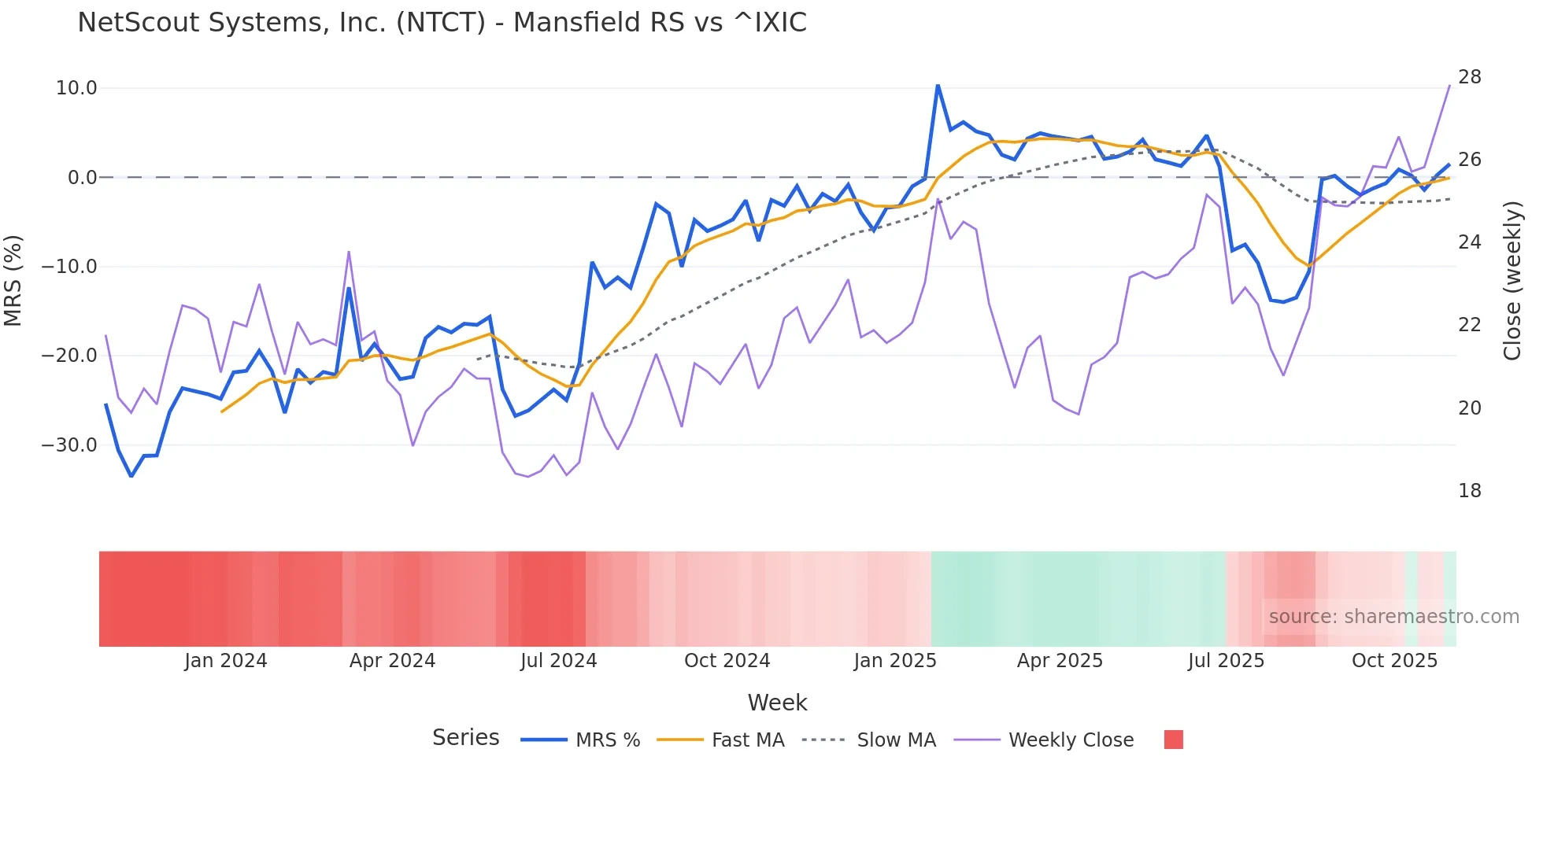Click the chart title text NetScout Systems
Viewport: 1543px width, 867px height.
(441, 22)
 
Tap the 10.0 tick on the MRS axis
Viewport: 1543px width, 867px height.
(76, 88)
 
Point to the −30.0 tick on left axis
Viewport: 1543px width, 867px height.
(69, 445)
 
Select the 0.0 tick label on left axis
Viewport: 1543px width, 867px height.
(82, 178)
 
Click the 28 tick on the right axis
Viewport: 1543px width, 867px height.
(1469, 77)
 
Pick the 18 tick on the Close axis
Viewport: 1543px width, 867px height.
(1469, 491)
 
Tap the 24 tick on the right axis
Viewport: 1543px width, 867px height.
(1469, 242)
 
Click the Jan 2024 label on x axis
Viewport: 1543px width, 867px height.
(226, 661)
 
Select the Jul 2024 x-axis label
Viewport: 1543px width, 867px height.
(559, 661)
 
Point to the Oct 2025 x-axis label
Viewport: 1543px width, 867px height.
(1394, 661)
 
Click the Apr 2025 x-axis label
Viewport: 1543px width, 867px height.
(1060, 661)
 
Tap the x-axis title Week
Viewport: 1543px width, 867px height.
(777, 703)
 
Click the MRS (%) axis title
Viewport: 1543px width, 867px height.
(13, 280)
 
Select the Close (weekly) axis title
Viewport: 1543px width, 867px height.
(1512, 280)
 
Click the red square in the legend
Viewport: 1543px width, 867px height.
(1173, 740)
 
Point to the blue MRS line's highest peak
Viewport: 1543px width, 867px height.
(938, 84)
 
